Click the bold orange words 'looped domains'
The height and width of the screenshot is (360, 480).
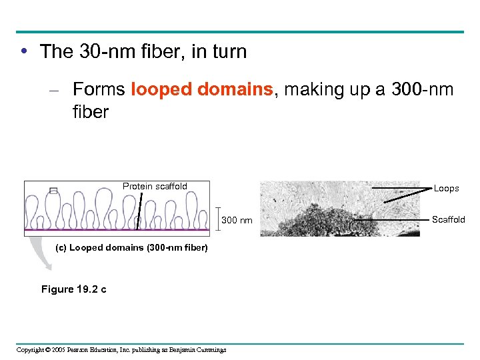click(203, 89)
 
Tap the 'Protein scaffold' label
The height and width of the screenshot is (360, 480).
click(155, 186)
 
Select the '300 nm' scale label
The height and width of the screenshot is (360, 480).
click(237, 220)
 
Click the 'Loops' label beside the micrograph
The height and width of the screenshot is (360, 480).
click(446, 189)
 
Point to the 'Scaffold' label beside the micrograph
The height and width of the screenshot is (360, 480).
click(448, 219)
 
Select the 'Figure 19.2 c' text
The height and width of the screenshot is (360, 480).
click(73, 289)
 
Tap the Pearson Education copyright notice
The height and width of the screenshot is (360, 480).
click(121, 350)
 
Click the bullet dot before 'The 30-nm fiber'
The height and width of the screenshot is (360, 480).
click(25, 52)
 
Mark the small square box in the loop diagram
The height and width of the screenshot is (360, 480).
click(53, 191)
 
